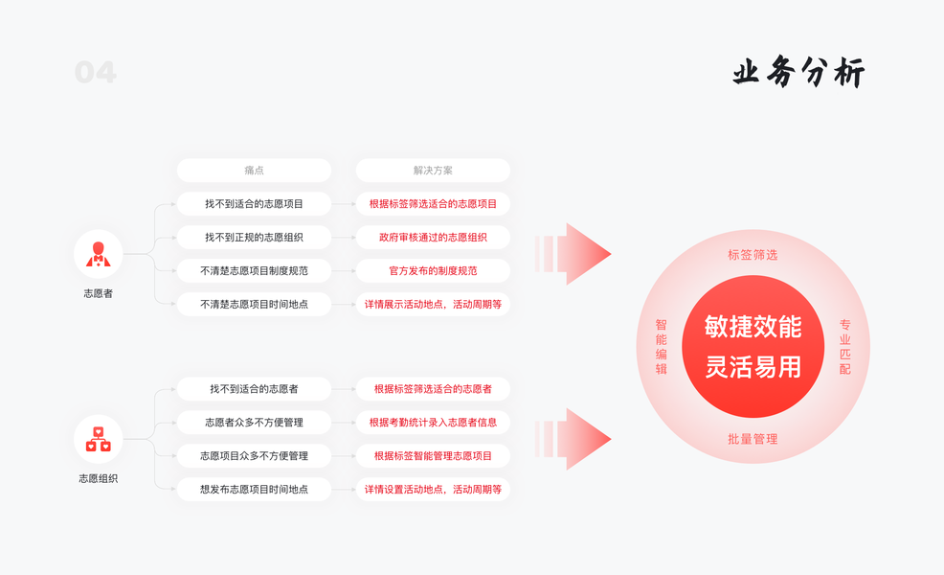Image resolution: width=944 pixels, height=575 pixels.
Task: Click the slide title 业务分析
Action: click(798, 73)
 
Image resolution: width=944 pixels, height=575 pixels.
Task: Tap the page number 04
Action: click(96, 72)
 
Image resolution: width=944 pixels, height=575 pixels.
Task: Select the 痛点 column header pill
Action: click(254, 171)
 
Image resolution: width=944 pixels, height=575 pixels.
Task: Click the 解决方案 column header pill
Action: click(433, 171)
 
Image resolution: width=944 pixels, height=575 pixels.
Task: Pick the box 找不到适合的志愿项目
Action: click(254, 204)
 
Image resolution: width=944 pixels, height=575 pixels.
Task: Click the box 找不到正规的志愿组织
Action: click(254, 238)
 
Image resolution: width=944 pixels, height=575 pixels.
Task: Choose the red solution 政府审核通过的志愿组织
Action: click(433, 238)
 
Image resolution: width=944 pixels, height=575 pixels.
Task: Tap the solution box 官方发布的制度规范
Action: click(433, 271)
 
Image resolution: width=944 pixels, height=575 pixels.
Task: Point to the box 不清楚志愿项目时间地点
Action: click(254, 305)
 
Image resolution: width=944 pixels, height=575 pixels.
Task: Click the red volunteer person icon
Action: click(98, 254)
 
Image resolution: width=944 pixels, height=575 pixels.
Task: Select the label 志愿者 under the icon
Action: click(98, 293)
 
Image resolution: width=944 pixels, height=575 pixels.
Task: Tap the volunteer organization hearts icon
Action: click(98, 439)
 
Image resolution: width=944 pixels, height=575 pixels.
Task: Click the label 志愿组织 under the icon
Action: click(98, 478)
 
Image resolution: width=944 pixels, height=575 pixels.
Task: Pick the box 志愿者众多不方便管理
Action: click(254, 423)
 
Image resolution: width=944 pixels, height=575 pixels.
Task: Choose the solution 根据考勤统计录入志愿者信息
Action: click(433, 423)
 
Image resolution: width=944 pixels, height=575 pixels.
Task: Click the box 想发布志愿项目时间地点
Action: click(254, 490)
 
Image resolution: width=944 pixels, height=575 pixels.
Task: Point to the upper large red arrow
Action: click(574, 254)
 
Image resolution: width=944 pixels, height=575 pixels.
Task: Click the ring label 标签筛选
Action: click(753, 255)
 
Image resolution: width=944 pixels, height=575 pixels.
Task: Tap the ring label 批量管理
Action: click(753, 439)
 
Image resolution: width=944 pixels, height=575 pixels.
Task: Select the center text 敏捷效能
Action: click(753, 327)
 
